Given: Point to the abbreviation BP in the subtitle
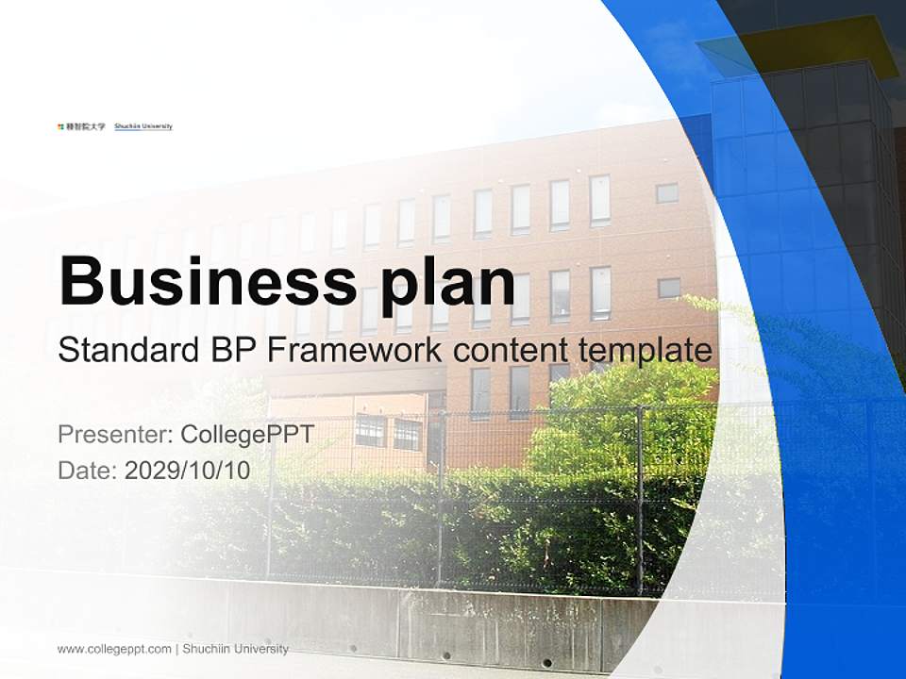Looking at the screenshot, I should pyautogui.click(x=228, y=350).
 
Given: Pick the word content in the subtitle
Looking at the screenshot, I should pyautogui.click(x=510, y=350).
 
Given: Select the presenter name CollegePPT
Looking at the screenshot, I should pyautogui.click(x=246, y=435).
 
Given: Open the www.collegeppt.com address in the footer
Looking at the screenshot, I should pyautogui.click(x=114, y=649).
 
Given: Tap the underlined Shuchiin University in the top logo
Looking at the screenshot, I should pyautogui.click(x=143, y=126).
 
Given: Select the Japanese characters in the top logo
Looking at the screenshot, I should pyautogui.click(x=85, y=126).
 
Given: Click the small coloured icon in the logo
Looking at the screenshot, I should pyautogui.click(x=59, y=126).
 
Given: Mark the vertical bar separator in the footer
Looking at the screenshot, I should pyautogui.click(x=176, y=649).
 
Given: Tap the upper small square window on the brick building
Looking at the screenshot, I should pyautogui.click(x=667, y=192).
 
